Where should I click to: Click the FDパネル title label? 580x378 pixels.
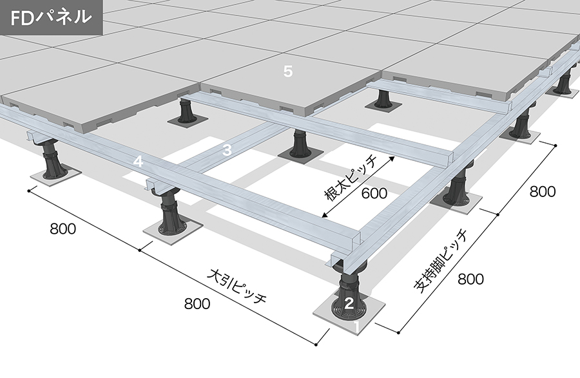click(x=51, y=17)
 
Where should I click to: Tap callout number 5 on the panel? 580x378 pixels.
click(x=288, y=71)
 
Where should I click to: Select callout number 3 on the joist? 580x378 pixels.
click(x=227, y=150)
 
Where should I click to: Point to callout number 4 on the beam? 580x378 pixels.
click(x=138, y=162)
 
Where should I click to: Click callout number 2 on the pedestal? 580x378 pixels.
click(x=349, y=303)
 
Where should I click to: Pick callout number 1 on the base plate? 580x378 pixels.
click(x=357, y=327)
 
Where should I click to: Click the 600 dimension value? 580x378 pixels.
click(x=374, y=193)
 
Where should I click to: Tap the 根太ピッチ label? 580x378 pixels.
click(x=350, y=178)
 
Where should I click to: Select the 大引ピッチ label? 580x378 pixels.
click(x=237, y=286)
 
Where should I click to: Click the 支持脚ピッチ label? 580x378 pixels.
click(x=440, y=261)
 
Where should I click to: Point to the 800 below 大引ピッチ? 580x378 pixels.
click(x=197, y=304)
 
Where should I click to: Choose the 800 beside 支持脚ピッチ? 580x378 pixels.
click(x=470, y=279)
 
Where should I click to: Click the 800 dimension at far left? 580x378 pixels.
click(x=63, y=229)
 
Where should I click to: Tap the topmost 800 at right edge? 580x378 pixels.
click(x=543, y=191)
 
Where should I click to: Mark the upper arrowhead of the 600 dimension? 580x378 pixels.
click(x=392, y=159)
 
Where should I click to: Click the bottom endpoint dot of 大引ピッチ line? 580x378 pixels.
click(x=316, y=345)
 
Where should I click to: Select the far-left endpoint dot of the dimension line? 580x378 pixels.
click(x=29, y=191)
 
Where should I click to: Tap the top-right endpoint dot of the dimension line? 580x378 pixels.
click(x=556, y=146)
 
